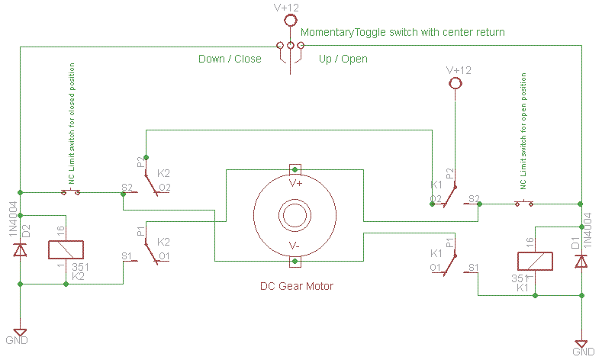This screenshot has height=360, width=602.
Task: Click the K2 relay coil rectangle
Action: (66, 250)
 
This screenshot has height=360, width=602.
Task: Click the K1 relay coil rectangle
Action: (535, 262)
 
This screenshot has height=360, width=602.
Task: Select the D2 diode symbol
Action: (20, 249)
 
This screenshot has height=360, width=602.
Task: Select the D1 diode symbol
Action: (581, 261)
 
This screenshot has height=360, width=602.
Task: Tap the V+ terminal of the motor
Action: (295, 169)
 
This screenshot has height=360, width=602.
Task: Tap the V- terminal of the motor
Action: (295, 262)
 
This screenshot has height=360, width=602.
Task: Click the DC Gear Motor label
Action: (297, 286)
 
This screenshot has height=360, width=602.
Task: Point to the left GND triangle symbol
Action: (20, 333)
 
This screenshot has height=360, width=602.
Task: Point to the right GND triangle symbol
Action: (581, 344)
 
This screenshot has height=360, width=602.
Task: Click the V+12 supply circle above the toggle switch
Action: (291, 20)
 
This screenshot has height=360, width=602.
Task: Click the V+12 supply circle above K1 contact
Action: (456, 82)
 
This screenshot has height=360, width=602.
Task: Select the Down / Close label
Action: (230, 59)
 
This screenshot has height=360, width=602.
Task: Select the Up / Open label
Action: (343, 59)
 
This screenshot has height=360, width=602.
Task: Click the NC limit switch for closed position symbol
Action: (71, 191)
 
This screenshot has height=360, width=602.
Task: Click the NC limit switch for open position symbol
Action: (524, 203)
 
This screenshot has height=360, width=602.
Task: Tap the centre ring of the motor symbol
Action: (295, 215)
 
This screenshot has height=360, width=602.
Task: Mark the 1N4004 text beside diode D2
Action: (13, 219)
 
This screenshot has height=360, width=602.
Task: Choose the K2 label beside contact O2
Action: (163, 173)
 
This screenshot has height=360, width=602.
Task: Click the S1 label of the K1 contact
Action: (474, 267)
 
